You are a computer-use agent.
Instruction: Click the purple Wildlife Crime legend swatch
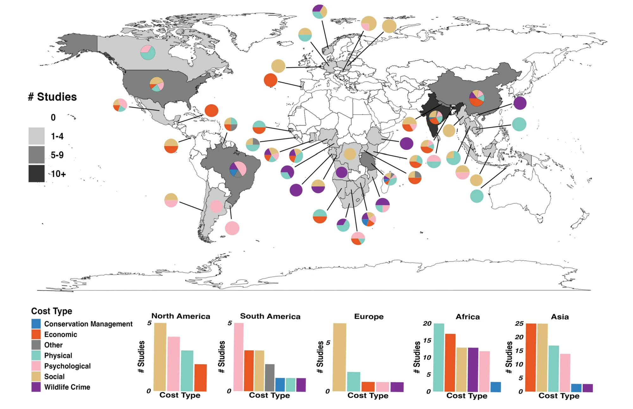coord(36,387)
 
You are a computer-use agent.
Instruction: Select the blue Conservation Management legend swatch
coord(36,324)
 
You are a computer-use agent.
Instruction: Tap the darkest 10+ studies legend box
coord(36,173)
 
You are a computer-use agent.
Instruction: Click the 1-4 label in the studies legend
coord(57,136)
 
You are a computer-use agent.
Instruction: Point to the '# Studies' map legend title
coord(53,97)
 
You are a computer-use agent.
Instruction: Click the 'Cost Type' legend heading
coord(52,311)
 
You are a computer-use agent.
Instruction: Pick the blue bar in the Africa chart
coord(495,387)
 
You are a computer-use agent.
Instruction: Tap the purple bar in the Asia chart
coord(587,388)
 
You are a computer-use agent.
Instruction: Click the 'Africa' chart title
coord(467,317)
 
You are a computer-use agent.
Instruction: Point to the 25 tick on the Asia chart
coord(519,324)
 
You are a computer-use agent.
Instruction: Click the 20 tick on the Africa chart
coord(427,324)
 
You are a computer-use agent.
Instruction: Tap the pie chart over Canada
coord(148,53)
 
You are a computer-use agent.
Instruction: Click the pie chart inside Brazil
coord(238,169)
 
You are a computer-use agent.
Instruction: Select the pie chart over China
coord(477,98)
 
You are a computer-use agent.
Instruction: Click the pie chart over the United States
coord(157,84)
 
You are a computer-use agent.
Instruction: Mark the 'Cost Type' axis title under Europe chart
coord(368,395)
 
